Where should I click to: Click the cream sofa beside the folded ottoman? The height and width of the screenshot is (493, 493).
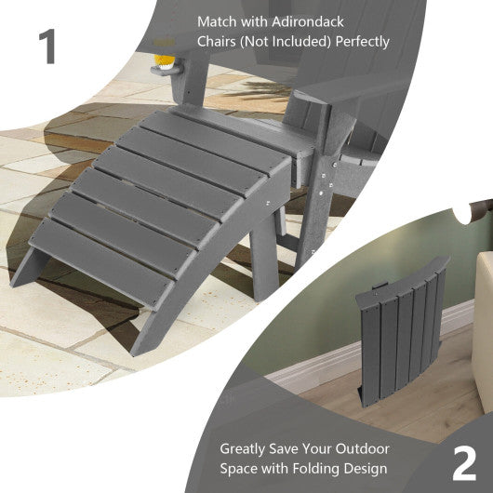pos(483,316)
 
